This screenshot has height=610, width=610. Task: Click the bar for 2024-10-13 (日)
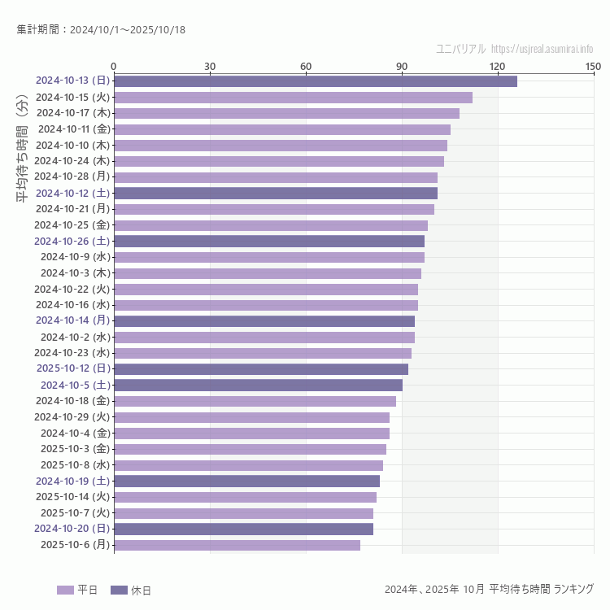coord(316,81)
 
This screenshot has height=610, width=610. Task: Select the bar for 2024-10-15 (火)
coord(293,98)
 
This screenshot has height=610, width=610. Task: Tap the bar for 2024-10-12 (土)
coord(276,193)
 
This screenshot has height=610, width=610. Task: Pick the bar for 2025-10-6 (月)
coord(237,545)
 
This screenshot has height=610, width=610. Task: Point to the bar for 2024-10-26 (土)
coord(269,241)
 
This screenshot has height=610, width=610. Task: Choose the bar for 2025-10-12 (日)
coord(261,369)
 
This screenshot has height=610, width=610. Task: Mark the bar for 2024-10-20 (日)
coord(243,529)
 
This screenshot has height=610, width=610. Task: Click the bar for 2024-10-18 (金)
coord(255,401)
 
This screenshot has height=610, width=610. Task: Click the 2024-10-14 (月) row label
coord(72,320)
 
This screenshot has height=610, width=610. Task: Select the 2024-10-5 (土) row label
coord(75,385)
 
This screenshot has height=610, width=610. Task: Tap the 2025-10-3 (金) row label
coord(72,449)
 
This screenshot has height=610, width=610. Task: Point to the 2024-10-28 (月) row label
coord(72,176)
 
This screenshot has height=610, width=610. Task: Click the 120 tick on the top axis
coord(498,66)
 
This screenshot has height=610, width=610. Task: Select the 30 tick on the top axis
coord(210,66)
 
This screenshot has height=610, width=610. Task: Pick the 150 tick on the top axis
coord(593,66)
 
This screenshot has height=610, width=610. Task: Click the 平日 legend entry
coord(77,590)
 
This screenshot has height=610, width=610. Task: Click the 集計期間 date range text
coord(101,30)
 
